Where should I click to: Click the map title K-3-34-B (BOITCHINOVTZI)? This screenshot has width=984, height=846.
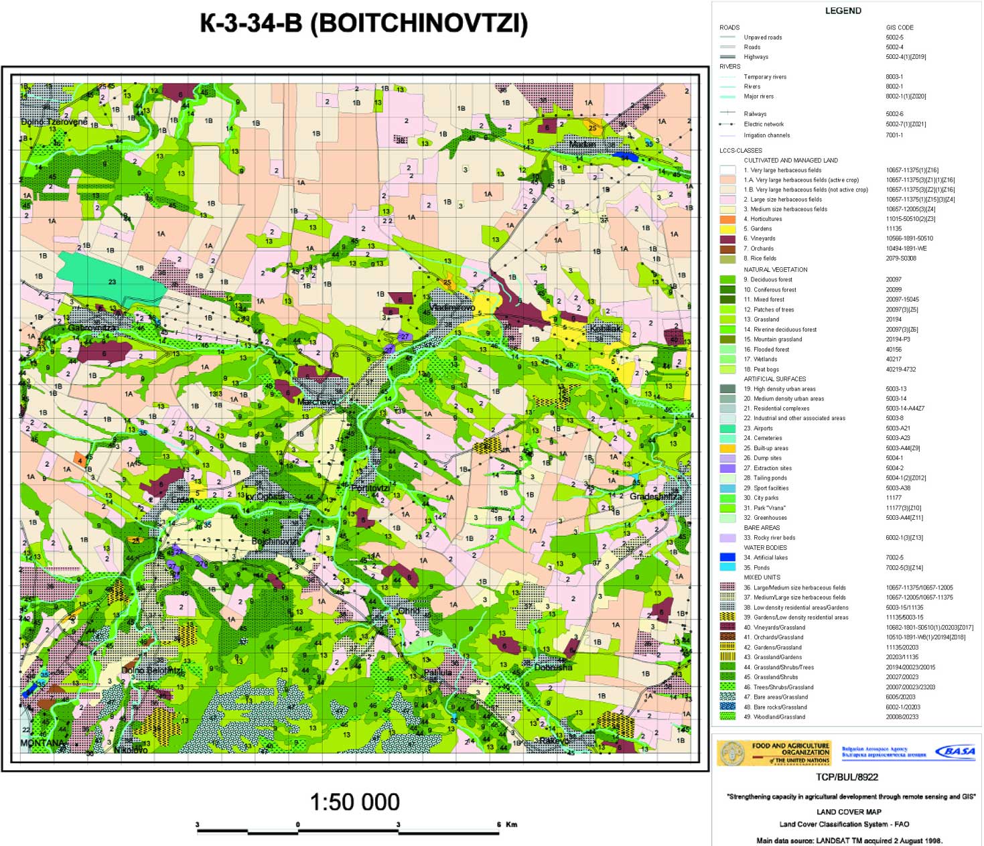[364, 23]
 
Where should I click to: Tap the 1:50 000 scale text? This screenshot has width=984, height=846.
[354, 802]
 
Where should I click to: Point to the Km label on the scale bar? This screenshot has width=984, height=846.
[511, 825]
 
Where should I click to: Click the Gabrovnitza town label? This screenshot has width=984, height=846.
[92, 328]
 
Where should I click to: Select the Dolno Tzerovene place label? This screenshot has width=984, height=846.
[54, 122]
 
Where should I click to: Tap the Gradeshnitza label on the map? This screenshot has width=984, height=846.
[656, 496]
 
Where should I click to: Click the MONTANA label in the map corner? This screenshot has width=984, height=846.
[42, 743]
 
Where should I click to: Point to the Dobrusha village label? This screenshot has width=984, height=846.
[553, 667]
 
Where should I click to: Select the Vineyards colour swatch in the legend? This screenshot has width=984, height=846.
[727, 239]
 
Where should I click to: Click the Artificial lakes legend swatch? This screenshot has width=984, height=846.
[727, 557]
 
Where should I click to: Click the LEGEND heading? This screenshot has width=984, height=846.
[843, 11]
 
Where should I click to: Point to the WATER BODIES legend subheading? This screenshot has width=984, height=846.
[765, 547]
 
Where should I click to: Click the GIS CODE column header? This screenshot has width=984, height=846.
[900, 27]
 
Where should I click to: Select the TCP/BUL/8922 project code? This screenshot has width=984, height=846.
[847, 777]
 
